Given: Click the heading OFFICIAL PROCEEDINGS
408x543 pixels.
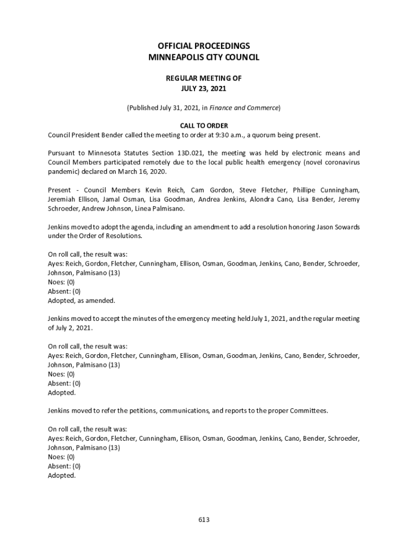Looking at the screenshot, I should (203, 46).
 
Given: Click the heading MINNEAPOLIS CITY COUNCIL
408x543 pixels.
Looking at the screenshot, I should (203, 57).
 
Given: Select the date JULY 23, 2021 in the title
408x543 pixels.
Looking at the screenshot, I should (203, 88).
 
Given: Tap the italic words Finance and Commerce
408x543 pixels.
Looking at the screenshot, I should (244, 108).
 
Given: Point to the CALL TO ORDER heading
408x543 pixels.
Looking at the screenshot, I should (203, 126).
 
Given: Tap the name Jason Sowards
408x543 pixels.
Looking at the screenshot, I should (338, 227).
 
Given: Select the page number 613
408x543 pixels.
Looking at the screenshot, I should (204, 520).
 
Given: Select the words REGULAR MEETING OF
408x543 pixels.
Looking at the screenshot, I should (203, 78).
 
